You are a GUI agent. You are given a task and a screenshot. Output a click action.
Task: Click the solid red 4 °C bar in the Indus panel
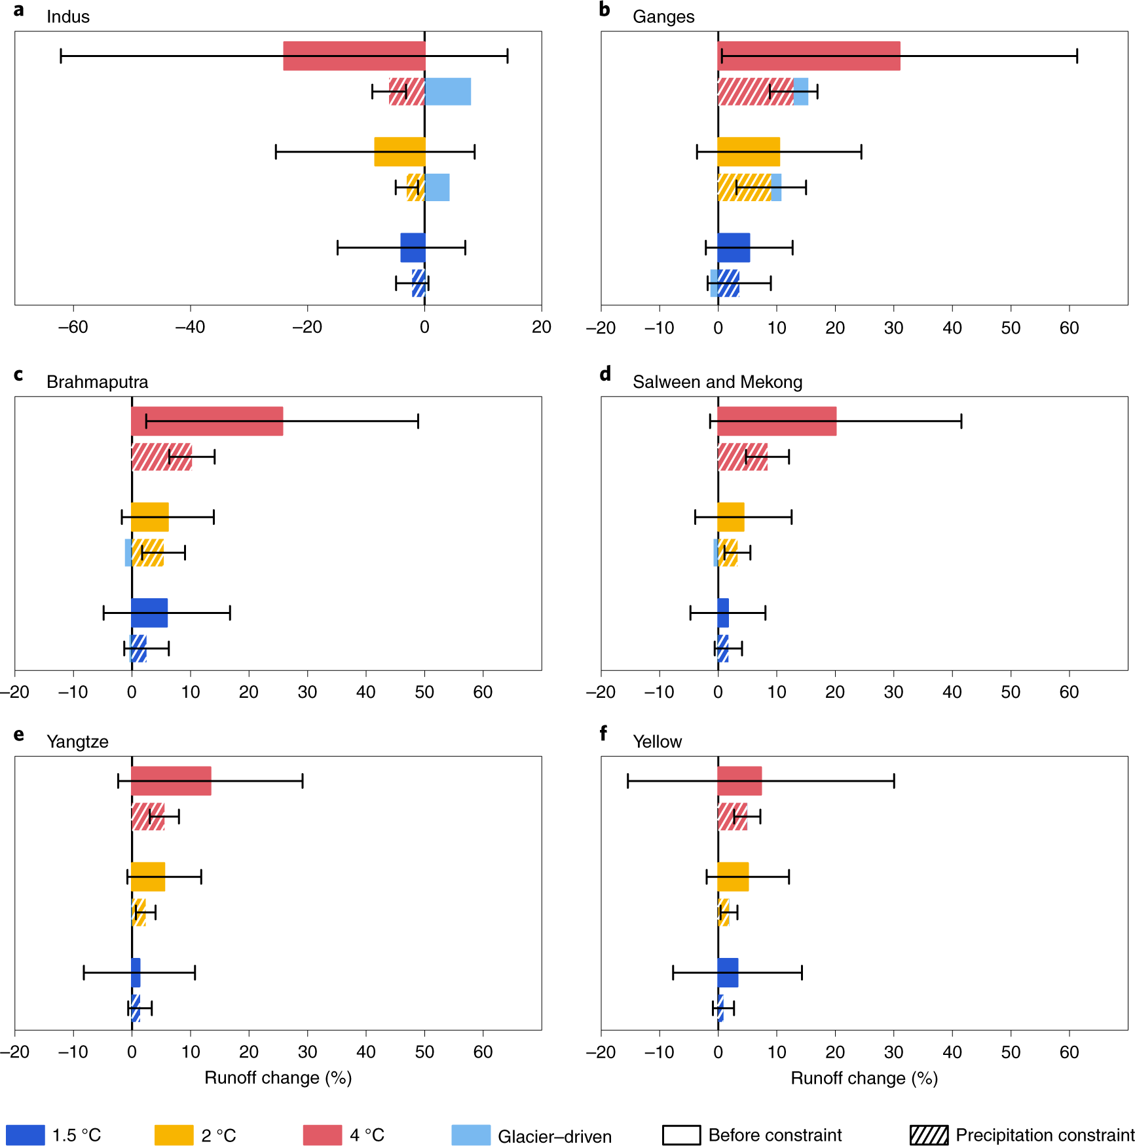[354, 56]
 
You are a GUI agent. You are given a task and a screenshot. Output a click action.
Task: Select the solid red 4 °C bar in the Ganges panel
[809, 56]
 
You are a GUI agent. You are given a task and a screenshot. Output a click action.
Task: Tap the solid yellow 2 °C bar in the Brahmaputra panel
[150, 517]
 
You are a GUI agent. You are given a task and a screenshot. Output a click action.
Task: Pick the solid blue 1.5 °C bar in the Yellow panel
[728, 972]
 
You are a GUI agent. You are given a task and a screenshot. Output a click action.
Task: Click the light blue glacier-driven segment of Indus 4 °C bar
[448, 92]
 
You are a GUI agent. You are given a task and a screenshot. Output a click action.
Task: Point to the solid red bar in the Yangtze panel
[171, 781]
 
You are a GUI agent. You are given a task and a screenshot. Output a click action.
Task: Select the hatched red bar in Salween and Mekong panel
[743, 457]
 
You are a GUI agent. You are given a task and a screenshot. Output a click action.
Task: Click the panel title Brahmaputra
[97, 382]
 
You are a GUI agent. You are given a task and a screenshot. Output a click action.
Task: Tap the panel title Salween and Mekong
[717, 382]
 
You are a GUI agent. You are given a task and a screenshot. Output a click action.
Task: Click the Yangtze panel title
[77, 742]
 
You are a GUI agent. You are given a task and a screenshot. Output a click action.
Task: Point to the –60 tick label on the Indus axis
[73, 327]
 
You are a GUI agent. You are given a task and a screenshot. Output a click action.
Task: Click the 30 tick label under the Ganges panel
[893, 328]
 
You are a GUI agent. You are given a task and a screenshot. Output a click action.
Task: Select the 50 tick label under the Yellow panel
[1011, 1052]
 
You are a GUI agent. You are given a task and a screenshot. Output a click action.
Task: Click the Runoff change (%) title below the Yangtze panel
[278, 1078]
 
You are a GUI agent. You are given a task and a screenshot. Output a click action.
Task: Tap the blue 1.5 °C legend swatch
[26, 1135]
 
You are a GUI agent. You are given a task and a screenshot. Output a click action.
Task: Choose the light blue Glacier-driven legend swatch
[471, 1135]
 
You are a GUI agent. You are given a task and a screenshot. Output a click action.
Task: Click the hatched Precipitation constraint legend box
[929, 1135]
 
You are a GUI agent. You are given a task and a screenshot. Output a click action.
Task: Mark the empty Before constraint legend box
[681, 1135]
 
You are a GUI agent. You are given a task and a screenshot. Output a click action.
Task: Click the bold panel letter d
[605, 374]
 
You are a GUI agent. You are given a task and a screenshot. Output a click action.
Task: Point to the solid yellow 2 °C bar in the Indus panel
[400, 151]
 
